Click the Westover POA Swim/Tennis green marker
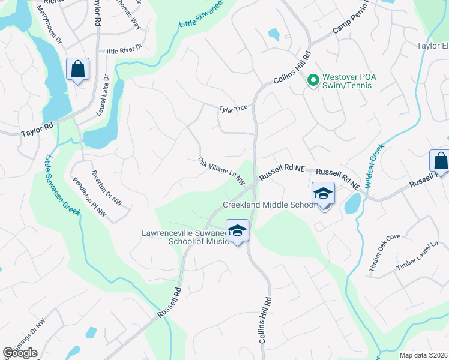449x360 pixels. pos(312,79)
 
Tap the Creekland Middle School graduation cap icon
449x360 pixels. pos(323,193)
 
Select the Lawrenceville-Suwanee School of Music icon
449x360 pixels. pos(237,230)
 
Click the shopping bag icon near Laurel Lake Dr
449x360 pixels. pos(78,69)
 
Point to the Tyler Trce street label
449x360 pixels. pos(234,108)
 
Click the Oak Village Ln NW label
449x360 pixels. pos(221,171)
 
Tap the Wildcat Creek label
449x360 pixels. pos(373,166)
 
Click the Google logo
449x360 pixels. pos(20,353)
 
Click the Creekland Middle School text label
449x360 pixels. pos(269,205)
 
